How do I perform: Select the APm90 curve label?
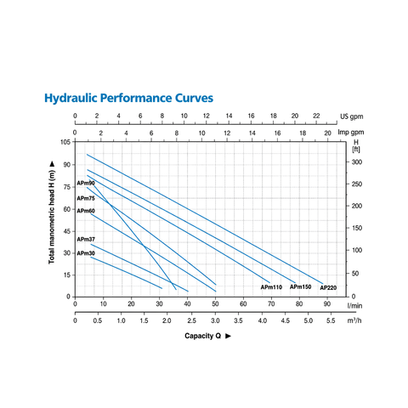point(86,184)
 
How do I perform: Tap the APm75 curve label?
point(86,198)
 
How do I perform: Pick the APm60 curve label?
point(86,211)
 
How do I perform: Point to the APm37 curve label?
point(86,240)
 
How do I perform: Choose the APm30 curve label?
point(86,253)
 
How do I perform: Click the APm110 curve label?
point(271,287)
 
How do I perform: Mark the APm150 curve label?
point(300,286)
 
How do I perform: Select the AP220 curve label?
point(328,287)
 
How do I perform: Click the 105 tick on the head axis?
point(65,142)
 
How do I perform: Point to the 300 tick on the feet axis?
point(357,162)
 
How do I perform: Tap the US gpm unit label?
point(351,116)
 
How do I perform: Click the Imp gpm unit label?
point(351,133)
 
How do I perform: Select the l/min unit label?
point(354,306)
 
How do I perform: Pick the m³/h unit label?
point(354,320)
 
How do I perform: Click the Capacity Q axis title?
point(202,336)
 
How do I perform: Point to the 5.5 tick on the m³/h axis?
point(331,320)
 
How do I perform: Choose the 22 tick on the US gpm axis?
point(316,116)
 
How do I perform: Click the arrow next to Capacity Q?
point(228,336)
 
